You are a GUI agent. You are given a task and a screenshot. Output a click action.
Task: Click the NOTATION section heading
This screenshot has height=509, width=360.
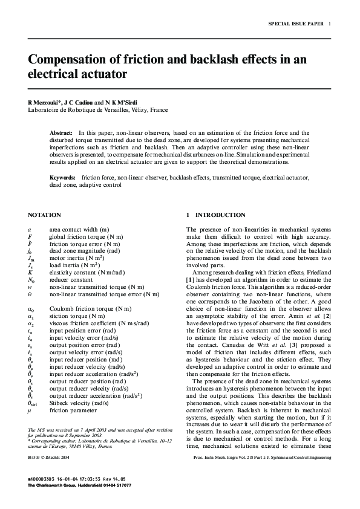coord(44,215)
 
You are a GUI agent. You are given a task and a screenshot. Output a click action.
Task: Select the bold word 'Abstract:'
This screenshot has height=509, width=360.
coord(61,132)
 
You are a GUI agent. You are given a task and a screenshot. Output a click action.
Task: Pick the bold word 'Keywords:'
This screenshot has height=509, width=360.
coord(62,178)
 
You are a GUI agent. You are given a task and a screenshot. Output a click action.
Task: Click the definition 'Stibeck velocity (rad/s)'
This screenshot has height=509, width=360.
coord(79,403)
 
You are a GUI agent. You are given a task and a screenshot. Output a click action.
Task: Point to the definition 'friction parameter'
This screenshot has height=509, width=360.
coord(73,410)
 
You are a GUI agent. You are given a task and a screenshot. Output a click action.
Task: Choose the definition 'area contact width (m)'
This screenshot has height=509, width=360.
coord(79,229)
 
